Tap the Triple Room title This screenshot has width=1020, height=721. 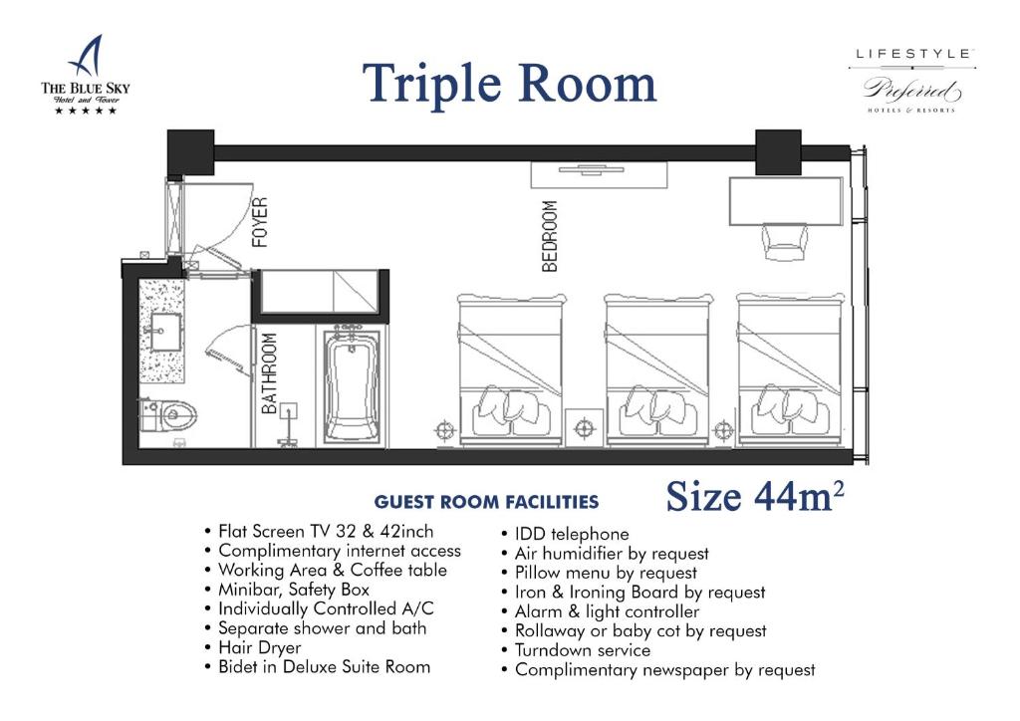pos(509,84)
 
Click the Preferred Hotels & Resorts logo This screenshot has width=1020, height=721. pos(912,82)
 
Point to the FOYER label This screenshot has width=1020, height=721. pos(260,222)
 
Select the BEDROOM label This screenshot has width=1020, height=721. pos(550,236)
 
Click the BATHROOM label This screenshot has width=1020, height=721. pos(269,373)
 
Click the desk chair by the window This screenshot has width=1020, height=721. pos(786,242)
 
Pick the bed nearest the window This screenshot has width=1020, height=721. pos(790,369)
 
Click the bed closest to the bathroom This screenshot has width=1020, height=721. pos(511,369)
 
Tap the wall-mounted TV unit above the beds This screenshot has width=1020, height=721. pos(599,175)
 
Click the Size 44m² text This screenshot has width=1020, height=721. pos(755,497)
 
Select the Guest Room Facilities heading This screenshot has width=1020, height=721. pos(486,502)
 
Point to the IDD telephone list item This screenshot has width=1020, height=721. pos(566,535)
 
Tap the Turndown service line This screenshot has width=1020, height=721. pos(576,650)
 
